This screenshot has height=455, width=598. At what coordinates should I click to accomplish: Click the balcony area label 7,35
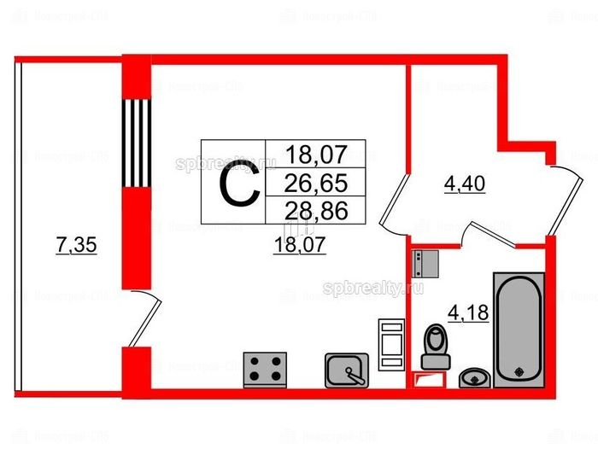point(75,246)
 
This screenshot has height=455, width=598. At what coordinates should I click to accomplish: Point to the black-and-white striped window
point(138,142)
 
